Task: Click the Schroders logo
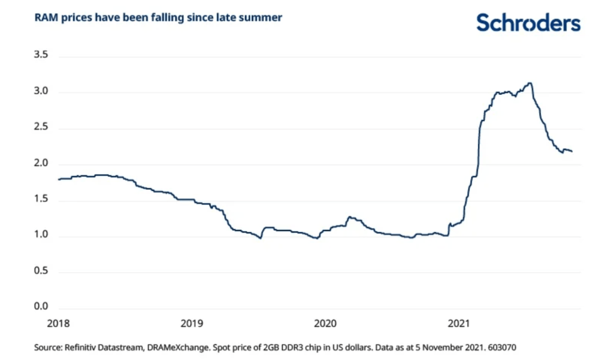tap(528, 23)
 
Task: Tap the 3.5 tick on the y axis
tap(41, 55)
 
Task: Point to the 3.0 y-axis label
tap(41, 90)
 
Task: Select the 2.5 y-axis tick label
tap(41, 126)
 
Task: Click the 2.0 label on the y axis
tap(41, 163)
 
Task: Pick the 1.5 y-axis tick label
tap(41, 199)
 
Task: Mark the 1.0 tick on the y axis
tap(41, 234)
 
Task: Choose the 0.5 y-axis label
tap(41, 270)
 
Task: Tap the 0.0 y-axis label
tap(41, 306)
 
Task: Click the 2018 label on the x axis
tap(58, 324)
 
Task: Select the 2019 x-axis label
tap(192, 324)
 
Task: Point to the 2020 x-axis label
tap(325, 324)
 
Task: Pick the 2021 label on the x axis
tap(459, 324)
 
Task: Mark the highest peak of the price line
tap(530, 83)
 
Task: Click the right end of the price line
tap(572, 151)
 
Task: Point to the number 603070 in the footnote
tap(502, 347)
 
